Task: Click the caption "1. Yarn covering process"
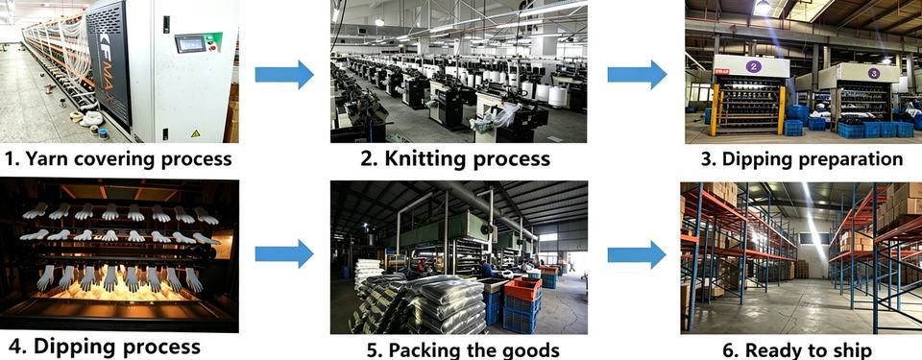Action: tap(118, 158)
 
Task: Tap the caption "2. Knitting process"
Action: tap(455, 158)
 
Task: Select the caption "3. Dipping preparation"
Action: tap(801, 158)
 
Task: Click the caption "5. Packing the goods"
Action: tap(463, 350)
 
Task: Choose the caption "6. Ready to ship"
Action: tap(797, 350)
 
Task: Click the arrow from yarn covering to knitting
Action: tap(284, 75)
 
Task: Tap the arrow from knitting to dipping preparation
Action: tap(637, 75)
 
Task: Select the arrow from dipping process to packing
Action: tap(284, 254)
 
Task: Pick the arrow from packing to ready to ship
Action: tap(637, 254)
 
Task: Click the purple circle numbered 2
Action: tap(753, 66)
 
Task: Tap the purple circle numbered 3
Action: tap(873, 74)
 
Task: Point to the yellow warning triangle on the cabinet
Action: tap(195, 133)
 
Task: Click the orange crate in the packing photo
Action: tap(522, 289)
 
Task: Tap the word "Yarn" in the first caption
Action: tap(49, 158)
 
